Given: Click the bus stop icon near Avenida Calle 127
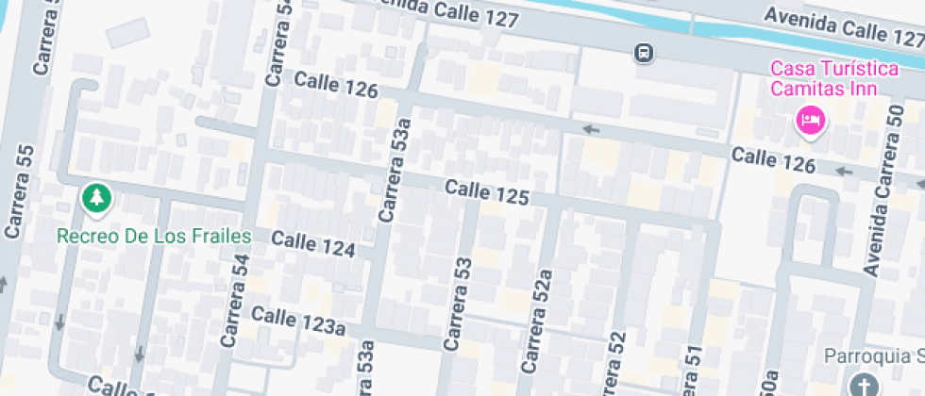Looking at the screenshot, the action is (x=644, y=53).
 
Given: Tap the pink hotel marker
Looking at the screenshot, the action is (x=810, y=120).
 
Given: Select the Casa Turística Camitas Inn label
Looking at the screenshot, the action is (x=823, y=79).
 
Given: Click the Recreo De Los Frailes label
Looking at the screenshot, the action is (x=153, y=236).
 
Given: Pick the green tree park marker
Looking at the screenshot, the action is (x=96, y=198).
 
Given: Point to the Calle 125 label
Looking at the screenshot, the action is (x=486, y=194).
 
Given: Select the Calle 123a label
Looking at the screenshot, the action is (x=298, y=322).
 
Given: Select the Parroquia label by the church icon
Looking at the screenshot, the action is (x=873, y=357).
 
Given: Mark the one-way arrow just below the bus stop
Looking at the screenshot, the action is (x=592, y=129).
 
